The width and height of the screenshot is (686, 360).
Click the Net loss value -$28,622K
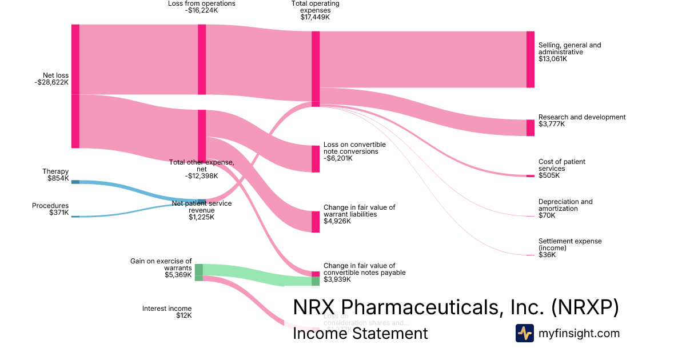tap(51, 82)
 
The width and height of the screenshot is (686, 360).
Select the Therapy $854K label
tap(55, 175)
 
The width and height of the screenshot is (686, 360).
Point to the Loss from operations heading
tap(201, 3)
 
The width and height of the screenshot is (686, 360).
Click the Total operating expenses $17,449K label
tap(315, 10)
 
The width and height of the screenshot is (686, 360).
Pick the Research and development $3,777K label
tap(581, 121)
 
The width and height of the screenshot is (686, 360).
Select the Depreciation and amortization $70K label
tap(565, 209)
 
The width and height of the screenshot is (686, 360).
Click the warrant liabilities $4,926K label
tap(359, 214)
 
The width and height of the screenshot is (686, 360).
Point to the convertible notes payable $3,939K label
tap(364, 273)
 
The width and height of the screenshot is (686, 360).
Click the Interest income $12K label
tap(167, 311)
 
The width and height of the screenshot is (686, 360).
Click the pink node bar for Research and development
tap(530, 127)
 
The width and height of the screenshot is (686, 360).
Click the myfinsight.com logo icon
tap(524, 333)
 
